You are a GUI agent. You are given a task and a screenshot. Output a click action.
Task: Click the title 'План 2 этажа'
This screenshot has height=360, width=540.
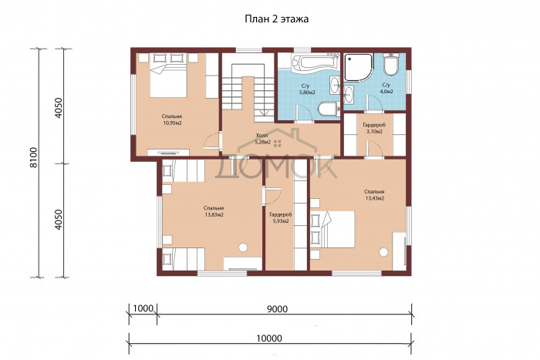point(276,19)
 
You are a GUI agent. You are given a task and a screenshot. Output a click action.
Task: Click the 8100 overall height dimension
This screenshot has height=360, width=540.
point(33,157)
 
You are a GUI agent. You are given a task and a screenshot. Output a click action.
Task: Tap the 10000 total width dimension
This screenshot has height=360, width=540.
point(269,338)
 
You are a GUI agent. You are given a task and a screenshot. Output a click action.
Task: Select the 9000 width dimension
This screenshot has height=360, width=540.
point(277,308)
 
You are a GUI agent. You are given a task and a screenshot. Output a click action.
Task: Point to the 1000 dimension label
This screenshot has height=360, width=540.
point(143,308)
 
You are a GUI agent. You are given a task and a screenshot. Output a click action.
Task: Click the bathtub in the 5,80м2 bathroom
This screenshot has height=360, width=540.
point(313,63)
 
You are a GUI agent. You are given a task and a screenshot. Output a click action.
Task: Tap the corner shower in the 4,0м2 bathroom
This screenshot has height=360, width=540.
point(359,67)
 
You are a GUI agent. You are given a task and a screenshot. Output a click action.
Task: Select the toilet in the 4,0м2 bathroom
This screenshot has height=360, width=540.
point(390,64)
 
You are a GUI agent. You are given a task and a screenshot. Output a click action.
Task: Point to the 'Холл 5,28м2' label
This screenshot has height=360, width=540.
point(262,138)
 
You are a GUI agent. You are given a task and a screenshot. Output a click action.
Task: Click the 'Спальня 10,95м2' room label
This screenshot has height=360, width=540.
point(172,119)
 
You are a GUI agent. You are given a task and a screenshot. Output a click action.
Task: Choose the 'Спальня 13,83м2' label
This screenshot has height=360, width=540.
point(214,211)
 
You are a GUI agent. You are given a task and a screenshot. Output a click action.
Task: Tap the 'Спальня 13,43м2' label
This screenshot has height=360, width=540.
point(374,195)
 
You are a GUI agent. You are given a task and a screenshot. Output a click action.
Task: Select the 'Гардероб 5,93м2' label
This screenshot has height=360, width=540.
point(281,218)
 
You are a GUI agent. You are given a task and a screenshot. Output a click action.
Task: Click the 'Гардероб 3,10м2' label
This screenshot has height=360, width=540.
point(374,128)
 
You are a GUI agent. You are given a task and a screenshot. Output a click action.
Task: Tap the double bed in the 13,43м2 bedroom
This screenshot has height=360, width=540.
point(332,229)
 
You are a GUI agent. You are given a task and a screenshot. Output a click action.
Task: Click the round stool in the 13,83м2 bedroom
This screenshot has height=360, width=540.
point(243,247)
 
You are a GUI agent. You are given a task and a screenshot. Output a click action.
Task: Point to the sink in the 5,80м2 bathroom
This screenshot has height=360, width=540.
point(334,85)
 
